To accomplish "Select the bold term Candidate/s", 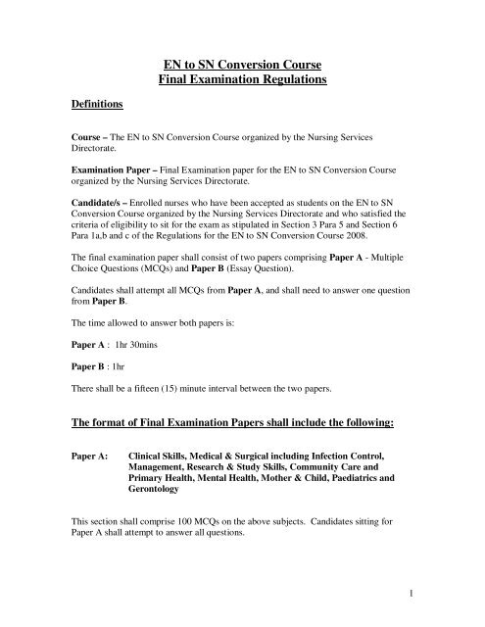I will (x=80, y=197).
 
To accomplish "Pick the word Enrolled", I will (x=136, y=197).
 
